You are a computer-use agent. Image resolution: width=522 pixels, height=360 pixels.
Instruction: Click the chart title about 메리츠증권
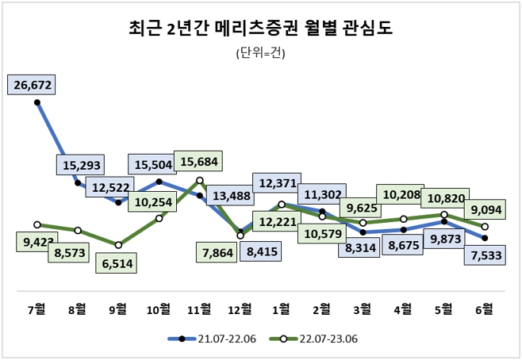260,29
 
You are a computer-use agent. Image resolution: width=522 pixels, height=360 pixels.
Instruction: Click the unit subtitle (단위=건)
260,54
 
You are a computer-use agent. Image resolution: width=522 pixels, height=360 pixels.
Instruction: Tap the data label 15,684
200,161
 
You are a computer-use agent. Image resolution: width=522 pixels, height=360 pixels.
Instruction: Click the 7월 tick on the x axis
37,308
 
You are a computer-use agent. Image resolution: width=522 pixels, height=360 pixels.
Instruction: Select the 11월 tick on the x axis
200,308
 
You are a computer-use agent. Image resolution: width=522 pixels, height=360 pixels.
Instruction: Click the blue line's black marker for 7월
37,101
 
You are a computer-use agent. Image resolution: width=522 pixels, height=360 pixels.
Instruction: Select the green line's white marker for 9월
118,245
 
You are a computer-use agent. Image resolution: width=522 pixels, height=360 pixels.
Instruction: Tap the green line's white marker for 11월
200,181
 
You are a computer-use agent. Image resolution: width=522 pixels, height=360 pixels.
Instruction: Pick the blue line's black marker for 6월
485,238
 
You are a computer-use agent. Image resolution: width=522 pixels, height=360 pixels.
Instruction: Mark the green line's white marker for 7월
37,224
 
